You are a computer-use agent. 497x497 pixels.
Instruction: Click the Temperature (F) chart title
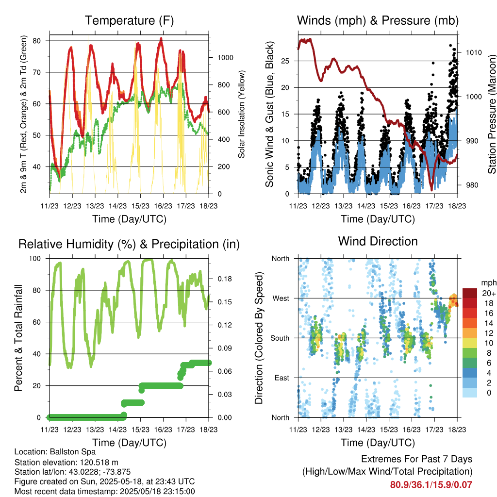(x=129, y=20)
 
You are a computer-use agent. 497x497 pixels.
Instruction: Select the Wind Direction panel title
(x=378, y=241)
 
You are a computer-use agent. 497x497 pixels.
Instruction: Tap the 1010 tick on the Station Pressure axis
(x=474, y=52)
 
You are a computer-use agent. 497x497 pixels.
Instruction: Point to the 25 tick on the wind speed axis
(x=285, y=61)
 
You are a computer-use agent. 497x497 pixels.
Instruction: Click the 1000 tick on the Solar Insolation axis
(x=225, y=58)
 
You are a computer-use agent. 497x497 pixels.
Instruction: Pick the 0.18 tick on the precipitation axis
(x=224, y=279)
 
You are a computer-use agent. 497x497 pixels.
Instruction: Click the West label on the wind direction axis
(x=281, y=298)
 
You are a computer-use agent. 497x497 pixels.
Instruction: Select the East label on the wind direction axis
(x=282, y=378)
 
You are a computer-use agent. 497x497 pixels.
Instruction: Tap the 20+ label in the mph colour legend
(x=489, y=294)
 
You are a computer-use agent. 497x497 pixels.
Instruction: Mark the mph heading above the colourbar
(x=489, y=283)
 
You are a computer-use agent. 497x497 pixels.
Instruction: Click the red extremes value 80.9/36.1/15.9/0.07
(x=431, y=485)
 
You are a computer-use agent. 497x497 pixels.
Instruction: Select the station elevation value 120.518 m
(x=99, y=463)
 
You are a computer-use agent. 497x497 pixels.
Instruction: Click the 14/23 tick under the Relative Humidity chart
(x=117, y=430)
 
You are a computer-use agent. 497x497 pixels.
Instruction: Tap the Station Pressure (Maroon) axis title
(x=492, y=114)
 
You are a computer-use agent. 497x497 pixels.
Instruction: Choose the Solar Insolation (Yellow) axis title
(x=242, y=114)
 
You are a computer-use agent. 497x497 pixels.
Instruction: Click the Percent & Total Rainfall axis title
(x=18, y=338)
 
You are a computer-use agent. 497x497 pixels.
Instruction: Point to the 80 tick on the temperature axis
(x=36, y=41)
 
